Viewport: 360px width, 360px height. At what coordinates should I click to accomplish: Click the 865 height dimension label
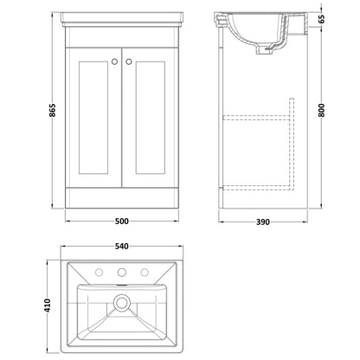[53, 110]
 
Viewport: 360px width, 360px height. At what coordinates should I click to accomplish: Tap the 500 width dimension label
[122, 222]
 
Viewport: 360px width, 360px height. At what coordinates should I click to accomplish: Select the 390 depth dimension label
[263, 222]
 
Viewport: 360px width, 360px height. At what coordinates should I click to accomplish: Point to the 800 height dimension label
[322, 110]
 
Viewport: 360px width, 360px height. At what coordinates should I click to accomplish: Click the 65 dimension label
[322, 18]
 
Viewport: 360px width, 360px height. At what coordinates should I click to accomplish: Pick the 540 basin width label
[122, 247]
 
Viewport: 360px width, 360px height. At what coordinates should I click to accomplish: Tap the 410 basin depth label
[47, 305]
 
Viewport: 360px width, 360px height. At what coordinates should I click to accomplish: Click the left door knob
[114, 61]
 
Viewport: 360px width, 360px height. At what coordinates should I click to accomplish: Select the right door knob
[129, 61]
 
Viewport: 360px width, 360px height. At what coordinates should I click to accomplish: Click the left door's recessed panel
[93, 118]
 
